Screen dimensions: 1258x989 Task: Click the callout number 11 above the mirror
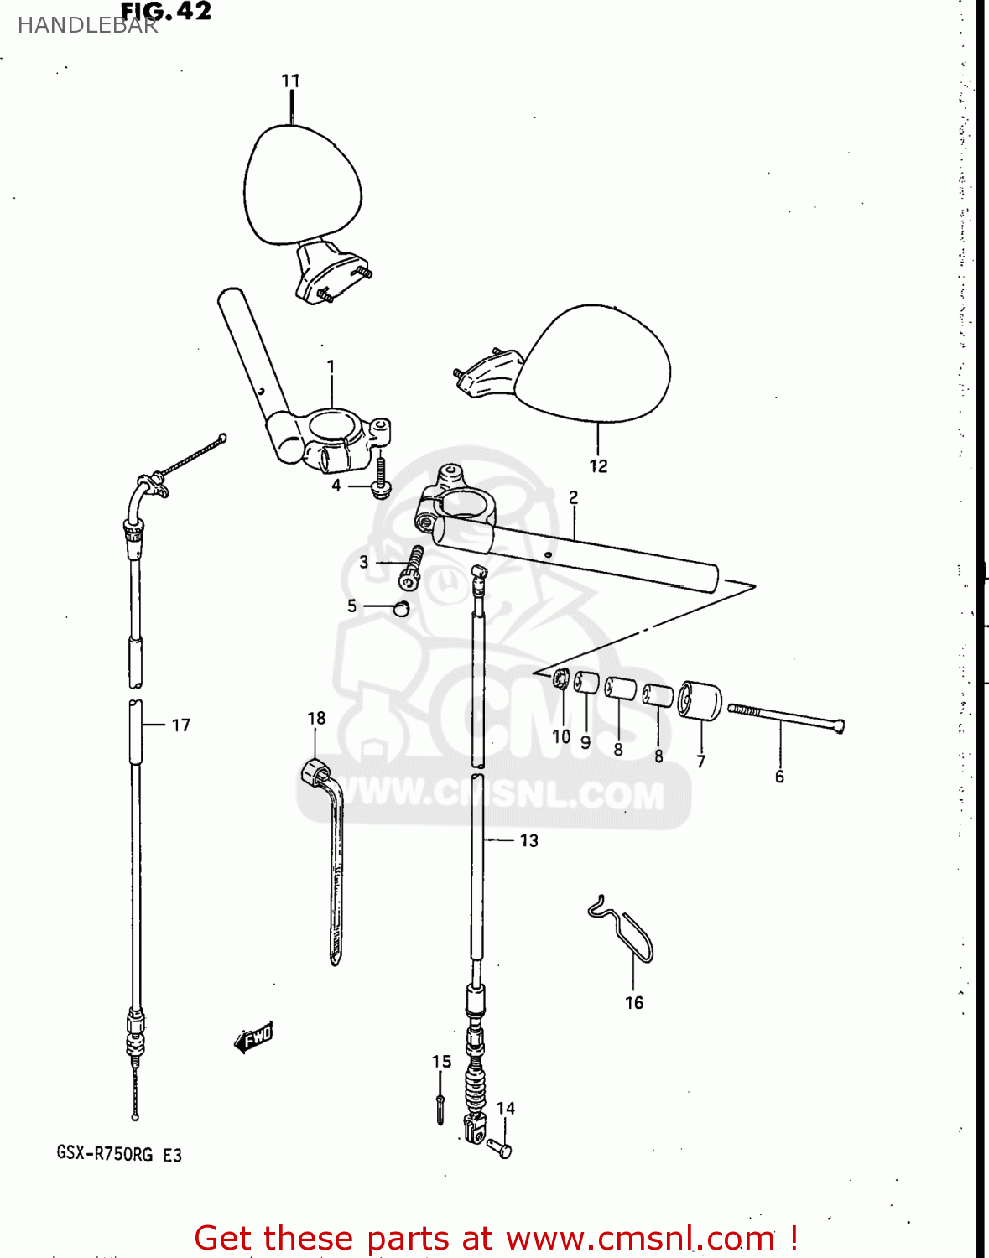[290, 81]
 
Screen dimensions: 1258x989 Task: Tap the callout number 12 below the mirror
[598, 466]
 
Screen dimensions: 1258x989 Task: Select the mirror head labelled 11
[302, 185]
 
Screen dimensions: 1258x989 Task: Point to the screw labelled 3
[412, 567]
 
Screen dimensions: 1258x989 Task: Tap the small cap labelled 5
[402, 607]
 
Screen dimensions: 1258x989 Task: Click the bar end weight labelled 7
[700, 700]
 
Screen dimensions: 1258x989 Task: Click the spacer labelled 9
[587, 683]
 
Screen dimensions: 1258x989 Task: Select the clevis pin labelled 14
[500, 1147]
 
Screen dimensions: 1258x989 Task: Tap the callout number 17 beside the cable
[181, 725]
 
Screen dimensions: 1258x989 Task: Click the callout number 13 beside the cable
[528, 840]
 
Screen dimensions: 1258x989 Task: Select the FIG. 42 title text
[166, 12]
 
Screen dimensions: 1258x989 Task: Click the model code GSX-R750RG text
[105, 1154]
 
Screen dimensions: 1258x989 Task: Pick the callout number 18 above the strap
[316, 719]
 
